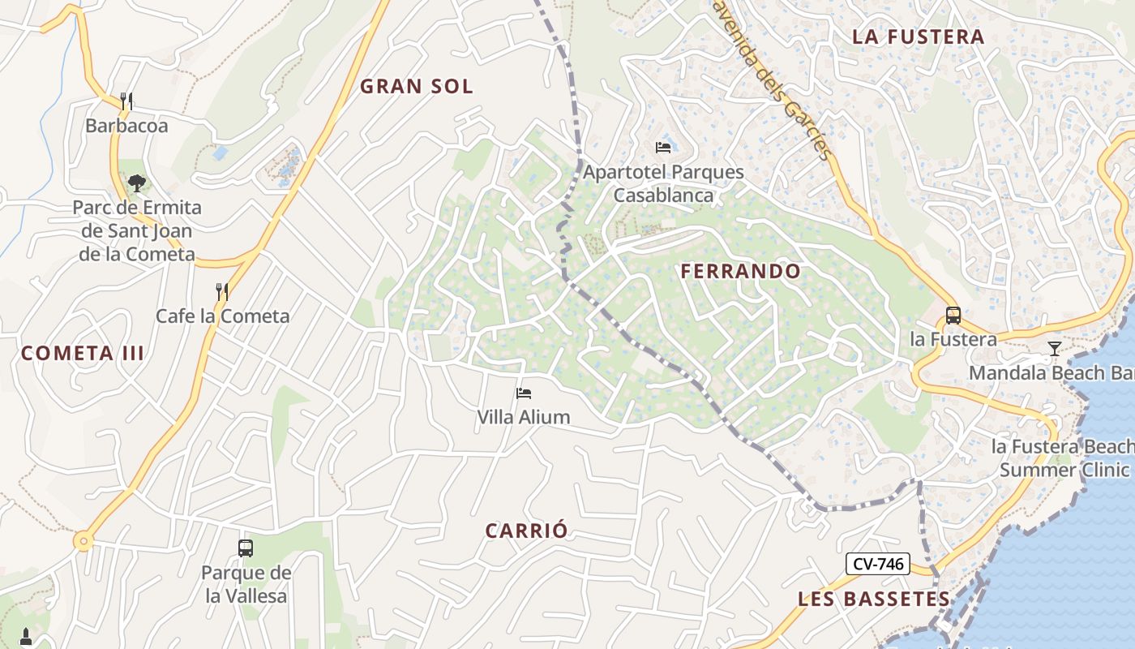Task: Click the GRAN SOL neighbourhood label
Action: [x=416, y=87]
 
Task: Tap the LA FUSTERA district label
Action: [x=919, y=37]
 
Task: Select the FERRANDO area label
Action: [x=741, y=271]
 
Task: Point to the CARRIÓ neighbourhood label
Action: [x=527, y=531]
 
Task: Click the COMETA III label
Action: [x=83, y=353]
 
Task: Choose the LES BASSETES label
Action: [x=874, y=600]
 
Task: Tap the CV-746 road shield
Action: [x=877, y=564]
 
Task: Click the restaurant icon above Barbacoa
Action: [x=126, y=101]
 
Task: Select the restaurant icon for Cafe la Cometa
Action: [x=221, y=291]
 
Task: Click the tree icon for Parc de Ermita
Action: [x=136, y=183]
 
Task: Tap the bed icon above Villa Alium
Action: [x=524, y=393]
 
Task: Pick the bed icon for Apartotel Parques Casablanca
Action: [x=663, y=148]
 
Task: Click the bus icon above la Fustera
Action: [x=953, y=315]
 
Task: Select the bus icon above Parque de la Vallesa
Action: [x=246, y=548]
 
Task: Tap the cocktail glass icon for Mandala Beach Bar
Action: [x=1054, y=349]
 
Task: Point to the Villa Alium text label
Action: [x=524, y=417]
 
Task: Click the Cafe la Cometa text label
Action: [x=222, y=316]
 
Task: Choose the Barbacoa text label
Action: [x=126, y=126]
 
